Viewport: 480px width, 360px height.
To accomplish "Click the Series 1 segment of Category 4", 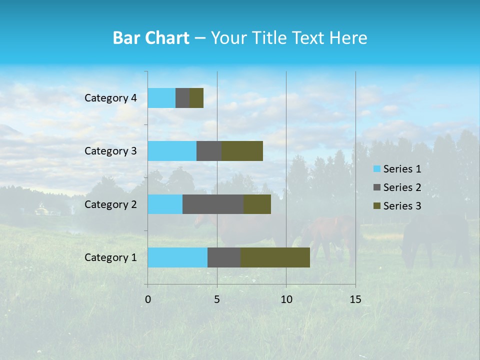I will (x=161, y=98).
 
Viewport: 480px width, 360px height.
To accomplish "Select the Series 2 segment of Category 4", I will (x=182, y=98).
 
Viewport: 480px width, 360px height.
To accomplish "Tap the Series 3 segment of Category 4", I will (x=196, y=98).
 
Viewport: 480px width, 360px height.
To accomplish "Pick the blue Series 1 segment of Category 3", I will (x=172, y=151).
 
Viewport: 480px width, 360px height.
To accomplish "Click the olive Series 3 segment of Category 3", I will (x=242, y=151).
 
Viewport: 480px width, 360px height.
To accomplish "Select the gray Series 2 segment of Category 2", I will (x=213, y=204).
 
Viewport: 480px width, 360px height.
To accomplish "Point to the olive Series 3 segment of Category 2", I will (x=257, y=204).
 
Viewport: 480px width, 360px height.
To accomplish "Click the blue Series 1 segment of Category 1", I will (x=177, y=257).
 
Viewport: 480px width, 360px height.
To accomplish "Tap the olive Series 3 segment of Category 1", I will (x=275, y=257).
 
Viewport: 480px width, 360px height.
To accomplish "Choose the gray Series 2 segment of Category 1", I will (x=224, y=257).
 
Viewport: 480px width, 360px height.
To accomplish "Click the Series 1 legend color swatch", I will (x=376, y=169).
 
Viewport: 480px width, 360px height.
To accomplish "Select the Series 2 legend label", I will (x=402, y=187).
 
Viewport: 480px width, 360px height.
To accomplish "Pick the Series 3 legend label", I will (x=402, y=206).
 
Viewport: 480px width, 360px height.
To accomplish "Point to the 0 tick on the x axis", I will (x=148, y=299).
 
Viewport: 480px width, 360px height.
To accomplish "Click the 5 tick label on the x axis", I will (x=217, y=299).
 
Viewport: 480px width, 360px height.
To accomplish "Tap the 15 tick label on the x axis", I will (x=355, y=299).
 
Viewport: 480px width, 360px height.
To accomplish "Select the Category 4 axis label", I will (x=110, y=98).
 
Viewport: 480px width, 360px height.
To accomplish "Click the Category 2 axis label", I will (x=110, y=204).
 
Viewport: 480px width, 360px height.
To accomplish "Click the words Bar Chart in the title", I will (x=151, y=38).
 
